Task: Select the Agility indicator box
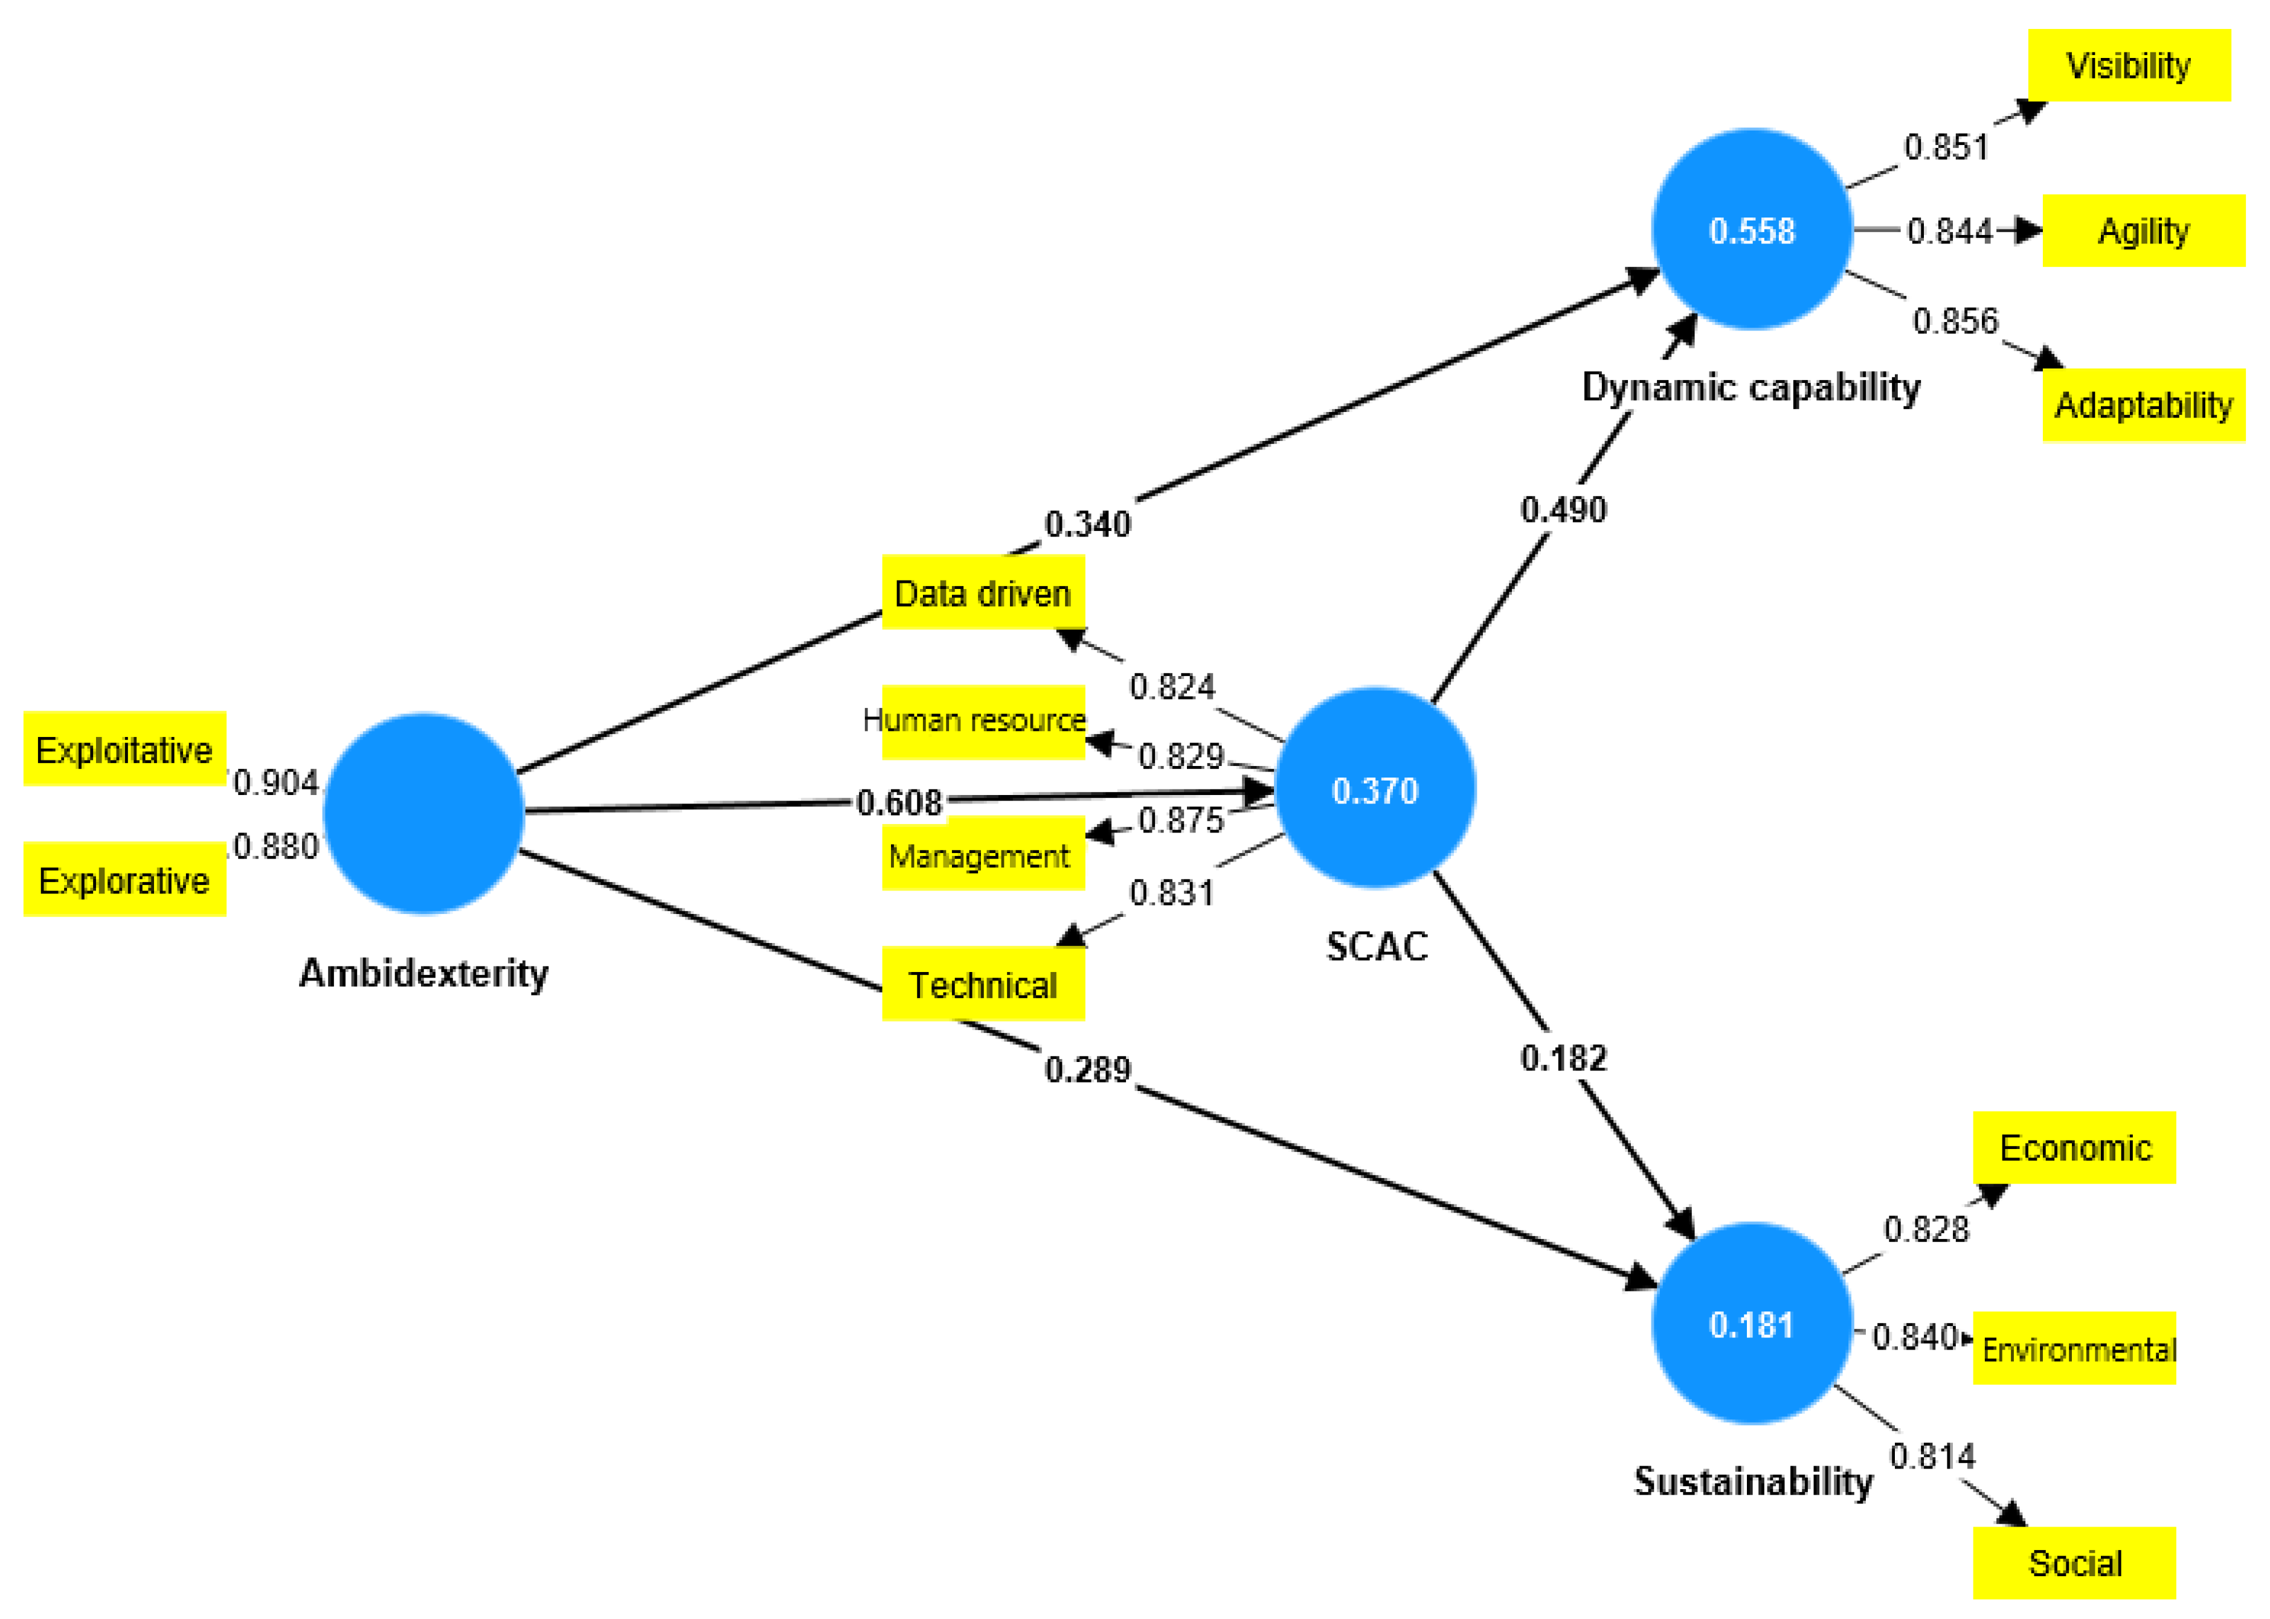coord(2143,231)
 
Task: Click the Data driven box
coord(982,593)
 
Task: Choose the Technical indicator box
coord(982,984)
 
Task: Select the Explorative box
coord(124,880)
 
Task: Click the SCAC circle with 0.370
coord(1375,788)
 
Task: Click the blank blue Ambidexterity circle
coord(423,813)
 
